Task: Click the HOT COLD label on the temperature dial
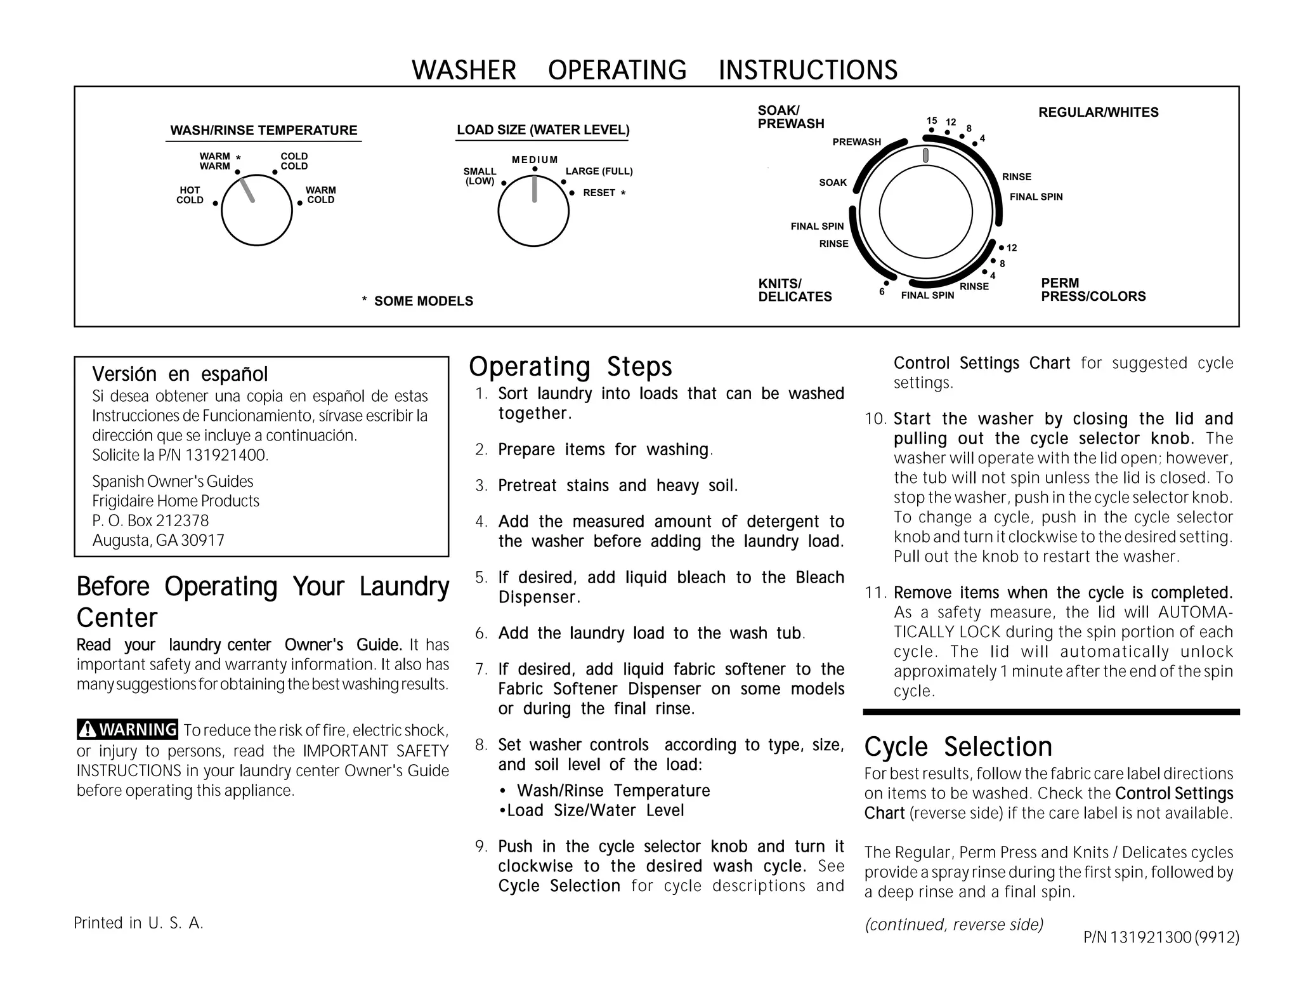(x=190, y=195)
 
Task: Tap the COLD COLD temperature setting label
(x=294, y=161)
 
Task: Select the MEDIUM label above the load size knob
(x=535, y=160)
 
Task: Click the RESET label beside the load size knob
(x=599, y=193)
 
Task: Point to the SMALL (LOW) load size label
(x=480, y=176)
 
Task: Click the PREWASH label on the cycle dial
(x=856, y=142)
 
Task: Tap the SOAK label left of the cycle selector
(x=832, y=183)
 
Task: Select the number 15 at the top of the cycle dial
(x=931, y=121)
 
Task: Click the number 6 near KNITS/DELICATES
(x=882, y=292)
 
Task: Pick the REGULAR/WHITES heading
(x=1098, y=112)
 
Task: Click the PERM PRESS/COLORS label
(x=1093, y=289)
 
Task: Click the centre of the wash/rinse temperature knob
(x=257, y=210)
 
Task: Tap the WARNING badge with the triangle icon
(x=127, y=729)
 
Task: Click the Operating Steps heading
(x=570, y=367)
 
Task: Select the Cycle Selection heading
(x=958, y=746)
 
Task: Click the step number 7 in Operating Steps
(x=481, y=669)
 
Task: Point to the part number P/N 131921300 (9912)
(x=1161, y=937)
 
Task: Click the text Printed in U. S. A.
(x=138, y=923)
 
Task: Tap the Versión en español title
(x=180, y=374)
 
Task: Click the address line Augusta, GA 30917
(x=159, y=540)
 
